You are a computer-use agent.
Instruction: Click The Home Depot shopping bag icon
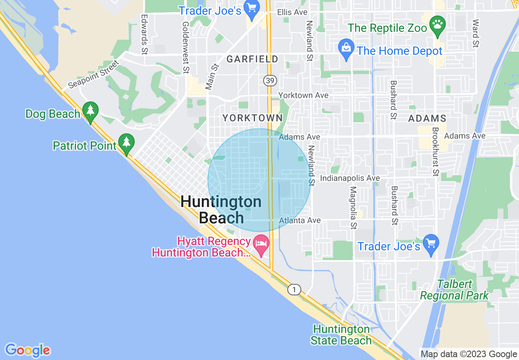pos(346,48)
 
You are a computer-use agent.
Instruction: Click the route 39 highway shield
pos(269,81)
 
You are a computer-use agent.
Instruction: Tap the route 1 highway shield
pos(293,290)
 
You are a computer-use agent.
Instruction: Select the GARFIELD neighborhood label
pos(252,59)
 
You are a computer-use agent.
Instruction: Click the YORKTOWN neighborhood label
pos(252,118)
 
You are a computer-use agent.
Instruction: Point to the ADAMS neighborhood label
pos(427,119)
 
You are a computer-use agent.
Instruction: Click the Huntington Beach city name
pos(221,209)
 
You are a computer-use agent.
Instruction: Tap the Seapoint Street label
pos(94,74)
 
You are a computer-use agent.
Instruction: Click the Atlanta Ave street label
pos(300,220)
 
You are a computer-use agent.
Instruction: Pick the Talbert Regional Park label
pos(454,290)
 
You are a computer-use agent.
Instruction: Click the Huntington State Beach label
pos(341,335)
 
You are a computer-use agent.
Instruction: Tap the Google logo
pos(27,350)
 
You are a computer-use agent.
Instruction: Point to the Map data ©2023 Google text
pos(469,354)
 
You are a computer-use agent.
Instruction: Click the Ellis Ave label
pos(292,12)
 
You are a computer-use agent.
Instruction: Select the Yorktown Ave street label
pos(303,95)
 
